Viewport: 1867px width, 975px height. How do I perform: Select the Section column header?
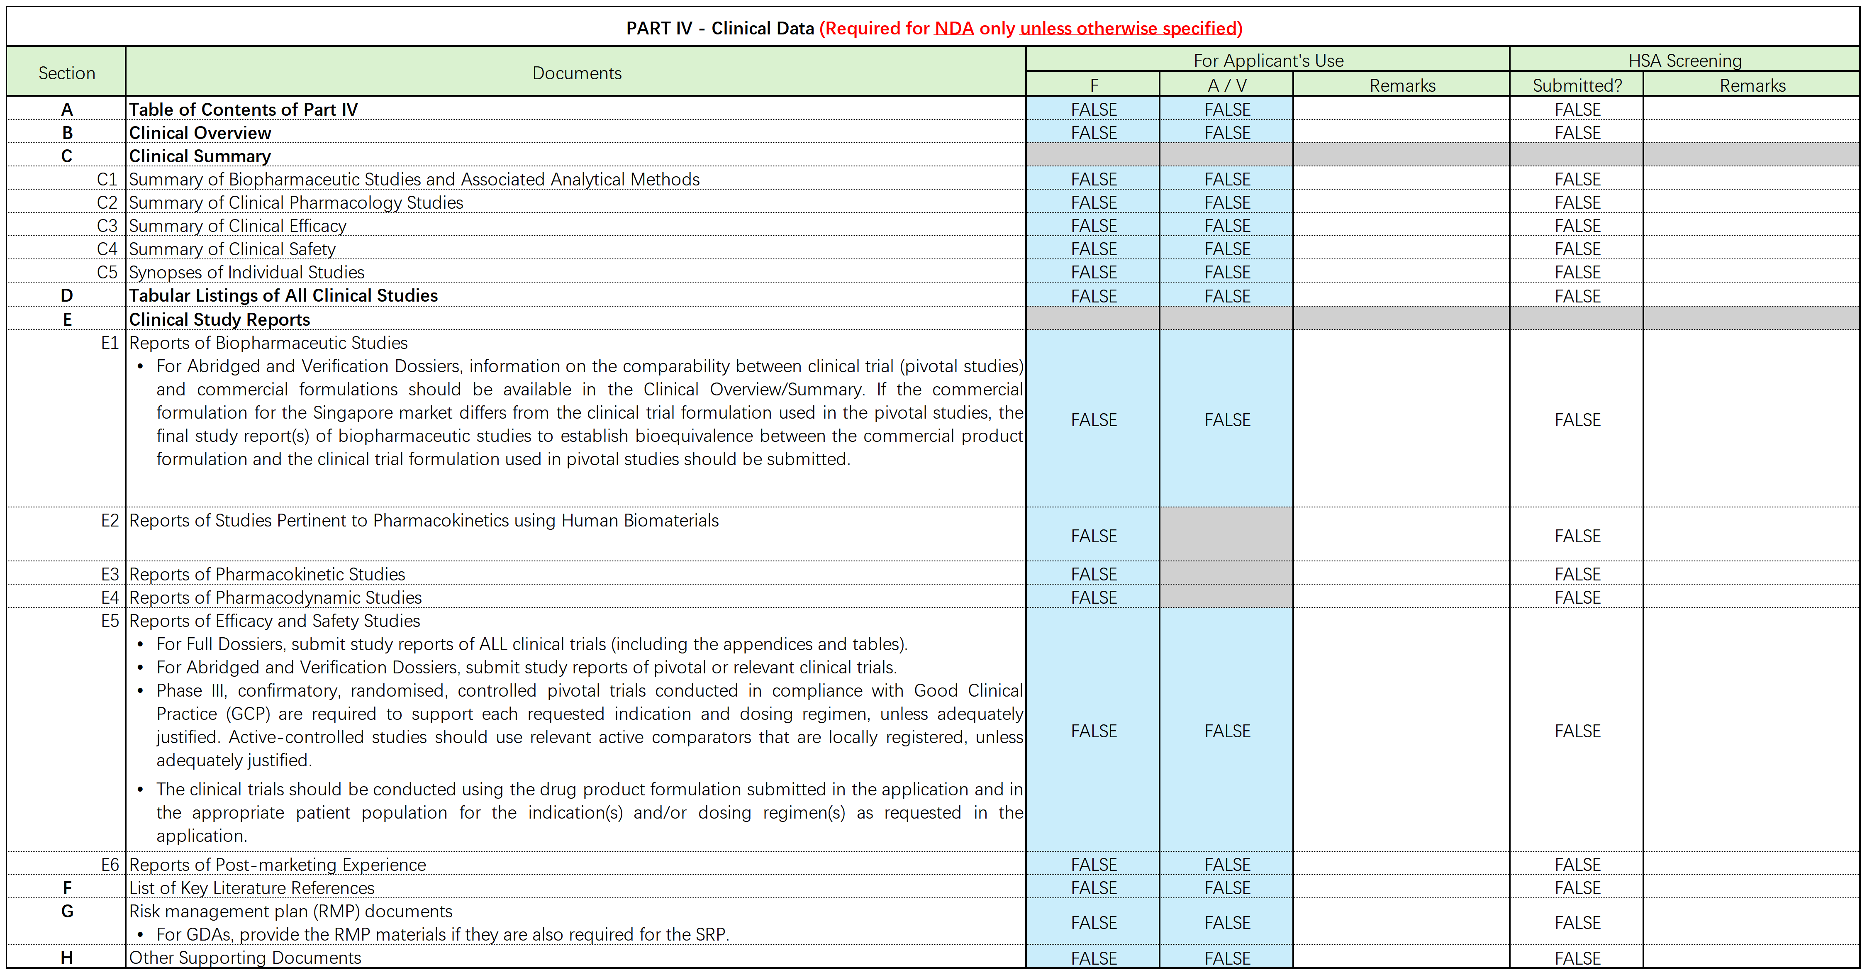click(x=67, y=73)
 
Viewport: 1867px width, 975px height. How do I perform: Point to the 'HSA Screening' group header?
click(x=1684, y=60)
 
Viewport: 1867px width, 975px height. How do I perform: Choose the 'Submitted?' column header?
click(x=1577, y=85)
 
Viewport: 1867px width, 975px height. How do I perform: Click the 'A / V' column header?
click(x=1226, y=85)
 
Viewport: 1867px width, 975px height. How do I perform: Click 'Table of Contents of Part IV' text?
click(x=244, y=110)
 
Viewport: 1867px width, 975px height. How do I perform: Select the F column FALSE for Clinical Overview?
click(x=1094, y=133)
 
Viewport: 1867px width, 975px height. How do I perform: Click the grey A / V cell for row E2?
click(x=1226, y=534)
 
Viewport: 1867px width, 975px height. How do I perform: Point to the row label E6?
click(x=110, y=865)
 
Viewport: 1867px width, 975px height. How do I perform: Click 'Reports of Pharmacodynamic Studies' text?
click(x=275, y=597)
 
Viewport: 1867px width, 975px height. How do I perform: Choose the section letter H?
click(x=67, y=958)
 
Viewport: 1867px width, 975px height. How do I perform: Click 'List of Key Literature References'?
click(x=251, y=888)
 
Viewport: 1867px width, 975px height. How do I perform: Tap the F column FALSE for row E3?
click(x=1094, y=574)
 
